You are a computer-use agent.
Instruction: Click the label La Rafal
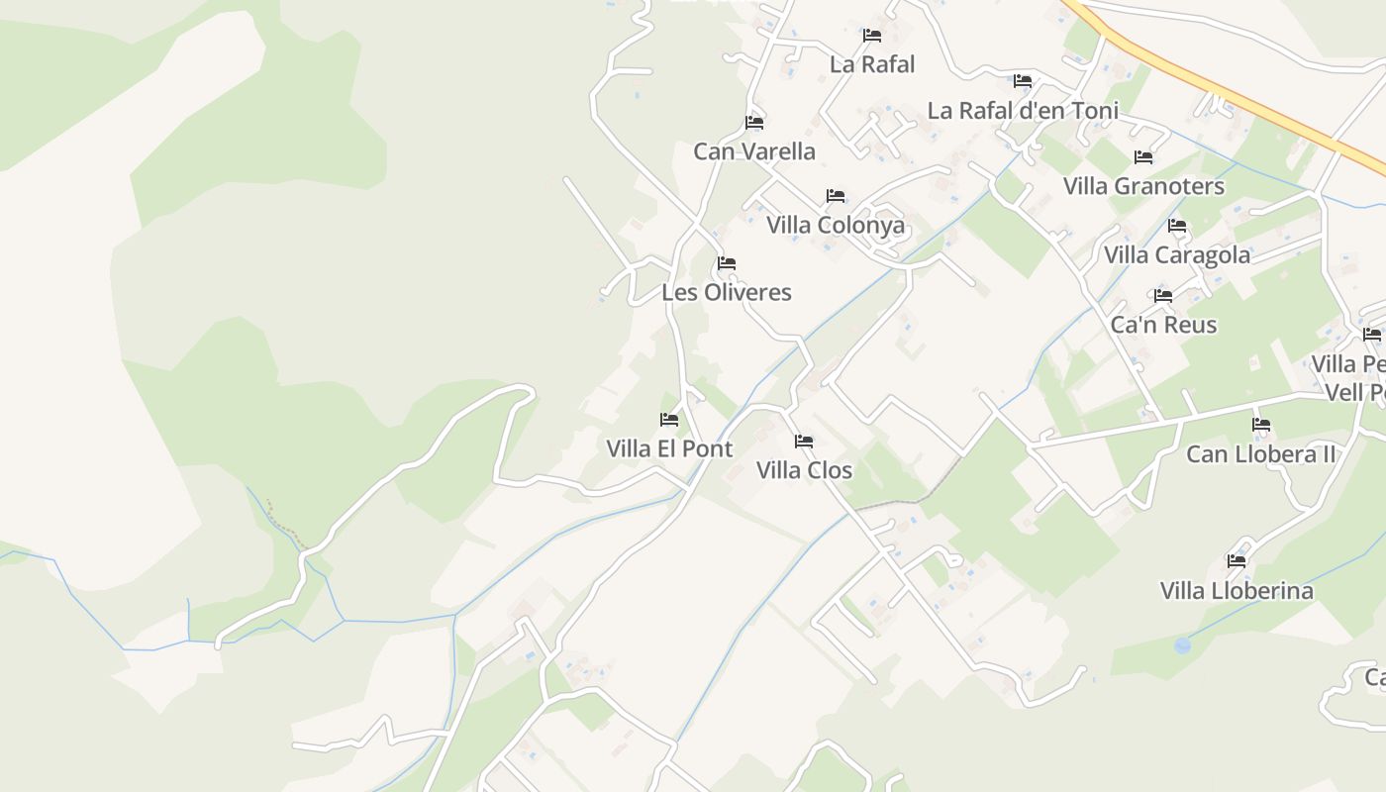(x=872, y=64)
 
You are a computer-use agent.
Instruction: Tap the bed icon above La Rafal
(x=872, y=36)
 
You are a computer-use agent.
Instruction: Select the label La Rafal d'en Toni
(x=1023, y=110)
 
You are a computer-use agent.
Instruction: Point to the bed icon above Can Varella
(x=754, y=123)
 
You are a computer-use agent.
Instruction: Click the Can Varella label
(x=754, y=151)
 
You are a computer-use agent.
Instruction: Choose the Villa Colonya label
(x=836, y=225)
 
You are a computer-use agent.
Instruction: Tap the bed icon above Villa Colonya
(x=836, y=196)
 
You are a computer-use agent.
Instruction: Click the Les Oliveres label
(x=727, y=292)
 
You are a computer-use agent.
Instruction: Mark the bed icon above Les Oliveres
(x=727, y=263)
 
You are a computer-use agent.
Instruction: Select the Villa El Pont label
(x=669, y=448)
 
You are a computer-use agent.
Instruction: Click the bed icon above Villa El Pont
(x=669, y=420)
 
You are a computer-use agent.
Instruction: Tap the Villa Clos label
(x=804, y=470)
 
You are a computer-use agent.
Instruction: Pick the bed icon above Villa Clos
(x=804, y=442)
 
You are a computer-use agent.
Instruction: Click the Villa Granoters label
(x=1143, y=186)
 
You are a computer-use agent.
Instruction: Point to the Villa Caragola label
(x=1177, y=254)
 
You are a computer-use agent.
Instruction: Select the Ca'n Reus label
(x=1163, y=325)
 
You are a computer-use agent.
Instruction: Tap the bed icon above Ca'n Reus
(x=1163, y=296)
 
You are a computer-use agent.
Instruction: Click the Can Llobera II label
(x=1261, y=454)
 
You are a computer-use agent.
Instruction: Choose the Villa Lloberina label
(x=1237, y=591)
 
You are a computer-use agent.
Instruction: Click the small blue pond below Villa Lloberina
(x=1182, y=645)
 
